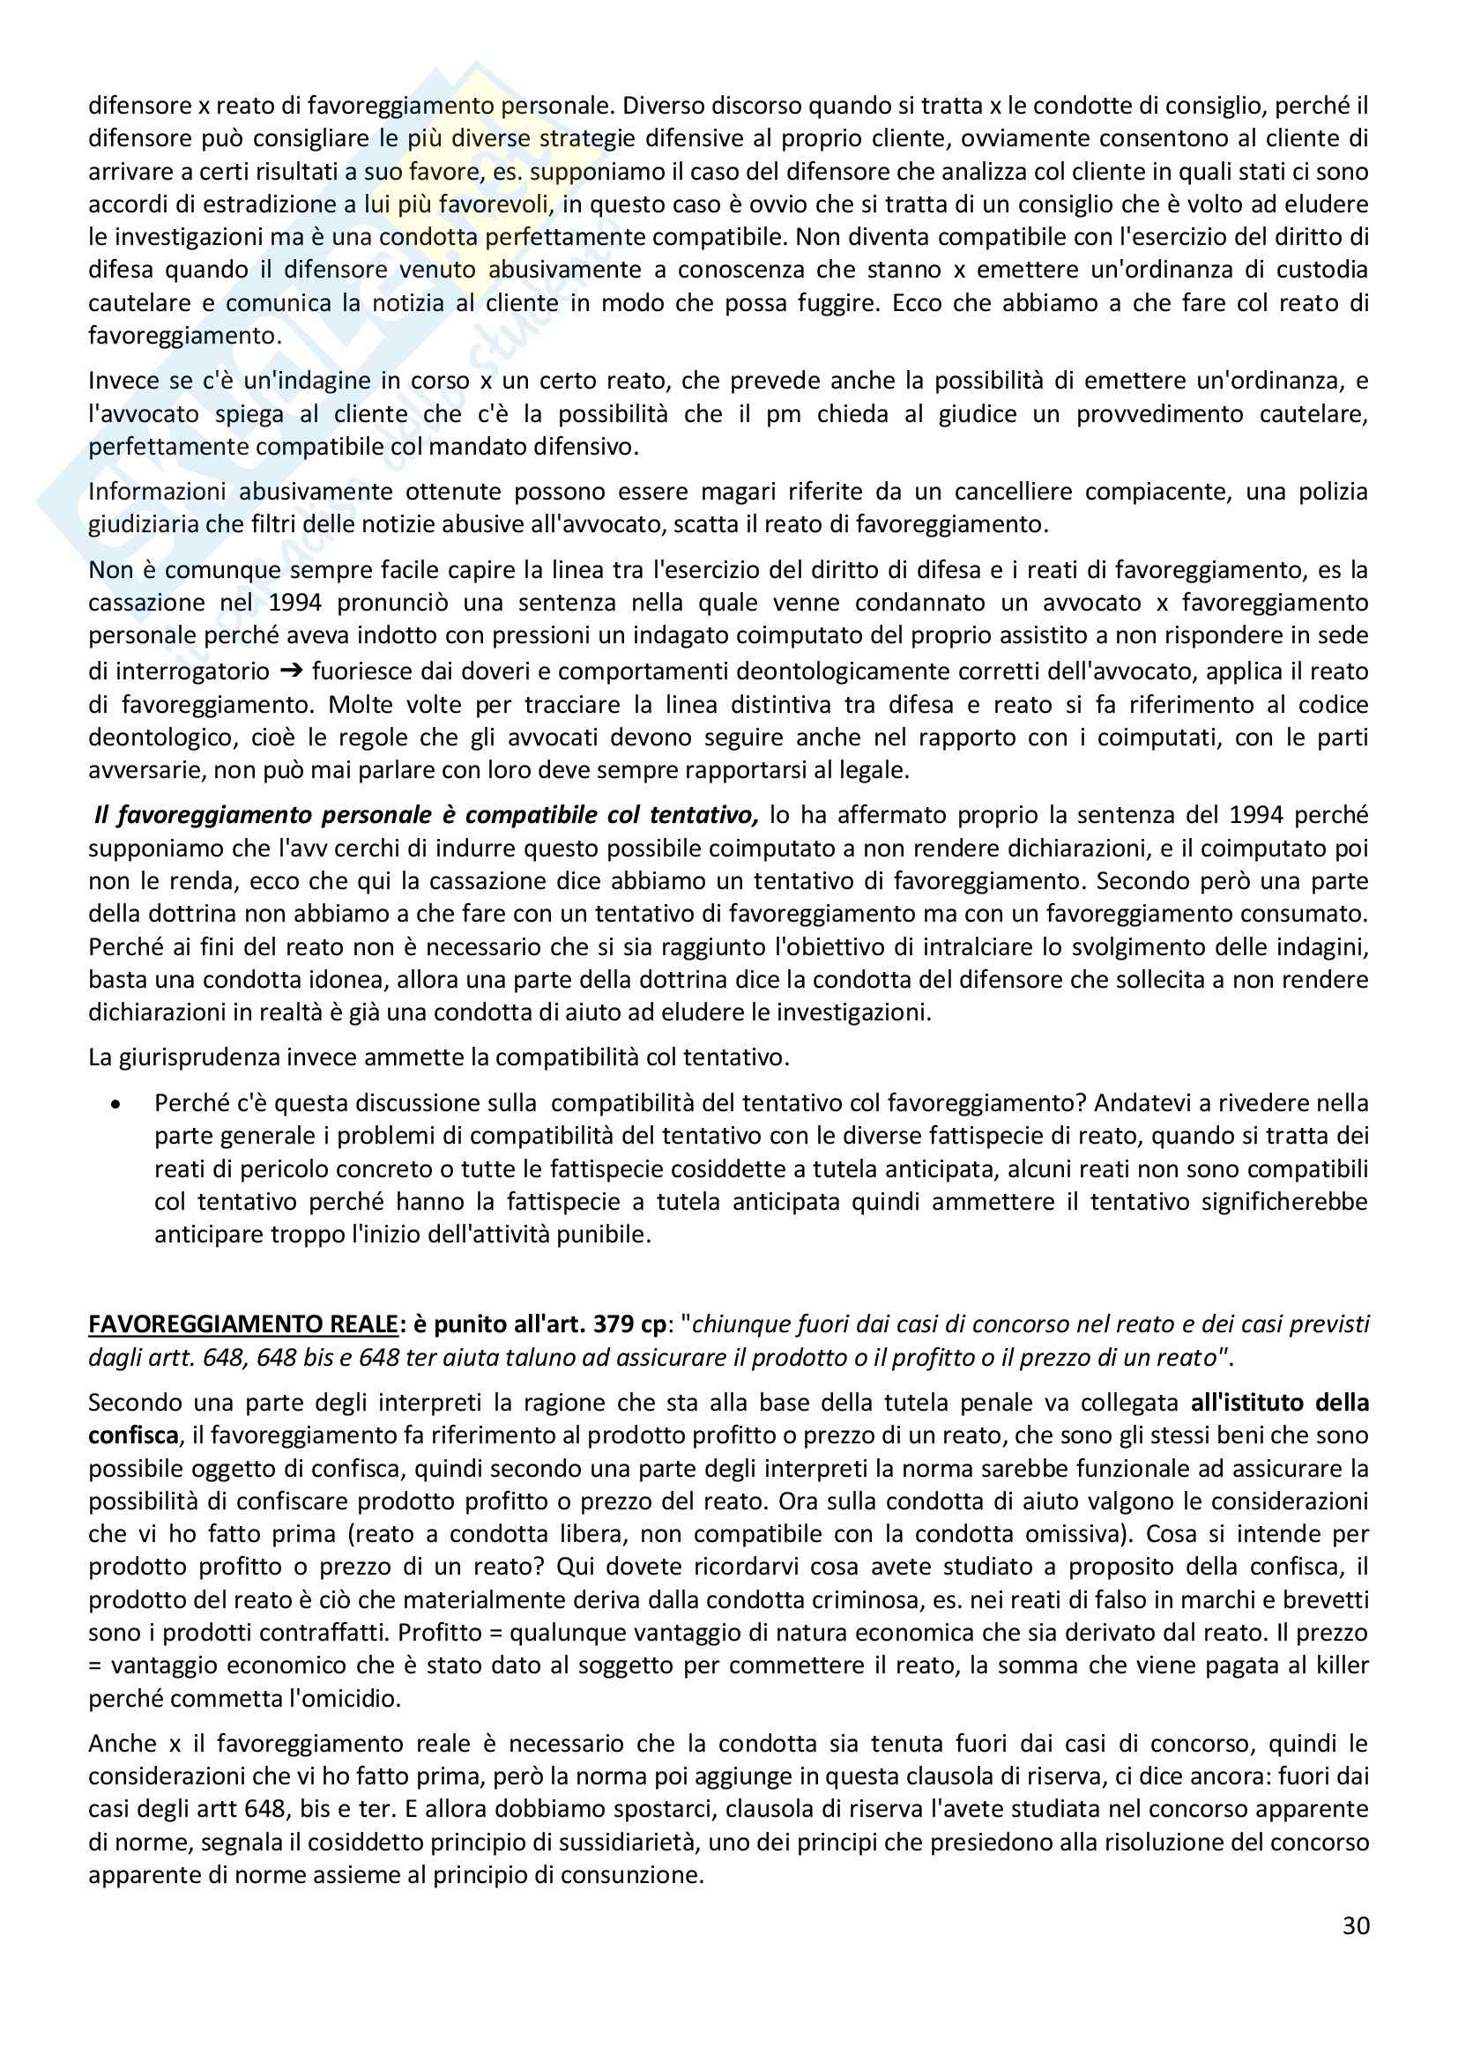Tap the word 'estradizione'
pos(269,204)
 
